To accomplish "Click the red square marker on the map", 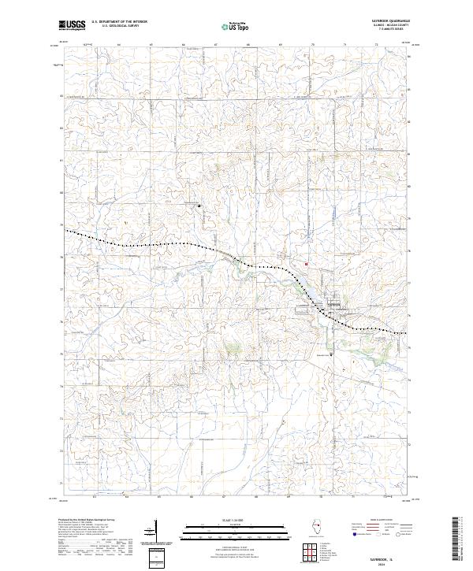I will (306, 264).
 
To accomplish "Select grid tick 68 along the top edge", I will (248, 45).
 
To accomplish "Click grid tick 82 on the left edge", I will (61, 97).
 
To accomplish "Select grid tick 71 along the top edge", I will (345, 45).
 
